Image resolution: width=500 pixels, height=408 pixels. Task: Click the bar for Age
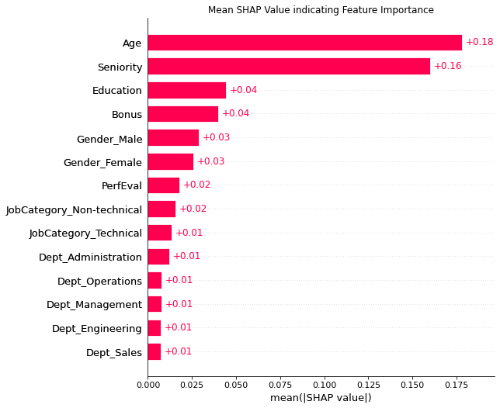coord(304,43)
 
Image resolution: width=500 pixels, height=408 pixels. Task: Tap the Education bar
coord(186,90)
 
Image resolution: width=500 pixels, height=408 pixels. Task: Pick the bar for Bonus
coord(182,114)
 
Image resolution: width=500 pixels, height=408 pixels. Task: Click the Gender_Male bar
coord(173,138)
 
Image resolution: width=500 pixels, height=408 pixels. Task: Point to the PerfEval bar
coord(163,185)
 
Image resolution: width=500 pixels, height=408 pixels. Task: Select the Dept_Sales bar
coord(154,351)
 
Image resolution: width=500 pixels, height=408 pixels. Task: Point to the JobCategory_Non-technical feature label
coord(74,209)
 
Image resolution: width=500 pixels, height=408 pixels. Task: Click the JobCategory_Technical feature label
coord(85,233)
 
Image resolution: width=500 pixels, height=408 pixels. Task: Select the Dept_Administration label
coord(90,257)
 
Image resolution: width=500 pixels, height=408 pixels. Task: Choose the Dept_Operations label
coord(99,281)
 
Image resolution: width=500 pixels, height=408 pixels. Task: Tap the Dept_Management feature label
coord(94,304)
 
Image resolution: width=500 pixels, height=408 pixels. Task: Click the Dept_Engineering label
coord(96,328)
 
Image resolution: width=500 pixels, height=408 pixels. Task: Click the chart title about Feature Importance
coord(321,10)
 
